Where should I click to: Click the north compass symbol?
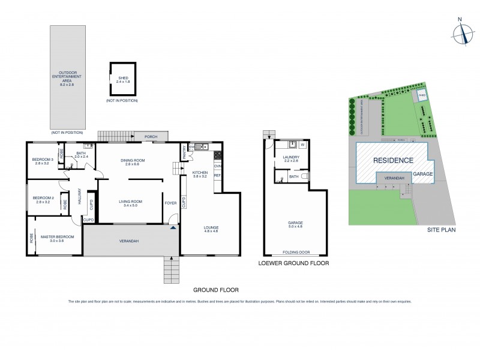pyautogui.click(x=460, y=34)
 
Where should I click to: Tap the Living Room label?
pyautogui.click(x=130, y=203)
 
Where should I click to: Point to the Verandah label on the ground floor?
pyautogui.click(x=129, y=241)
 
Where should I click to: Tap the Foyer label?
pyautogui.click(x=171, y=203)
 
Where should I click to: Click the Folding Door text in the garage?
pyautogui.click(x=296, y=253)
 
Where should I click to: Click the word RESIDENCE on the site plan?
pyautogui.click(x=393, y=160)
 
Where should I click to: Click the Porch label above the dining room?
pyautogui.click(x=151, y=137)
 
